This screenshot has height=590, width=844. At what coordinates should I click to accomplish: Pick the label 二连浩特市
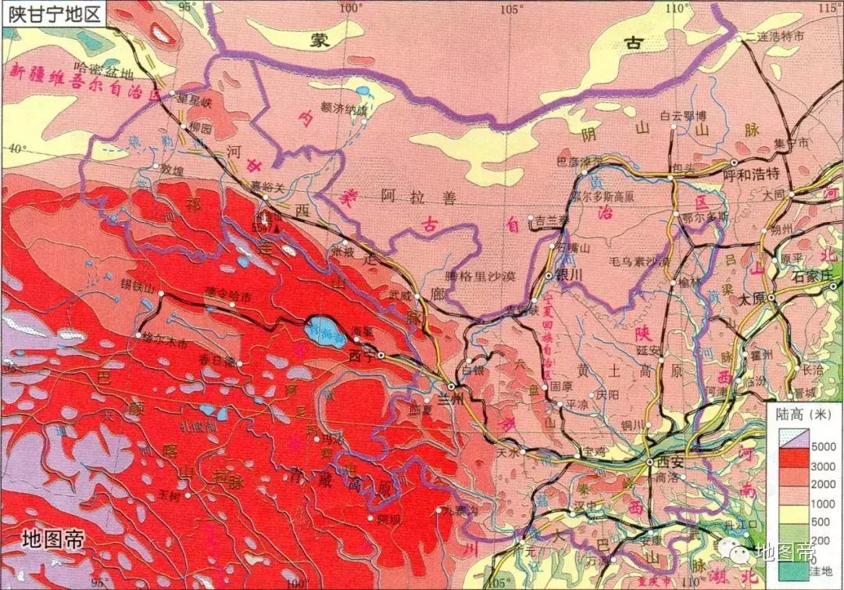coord(774,36)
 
